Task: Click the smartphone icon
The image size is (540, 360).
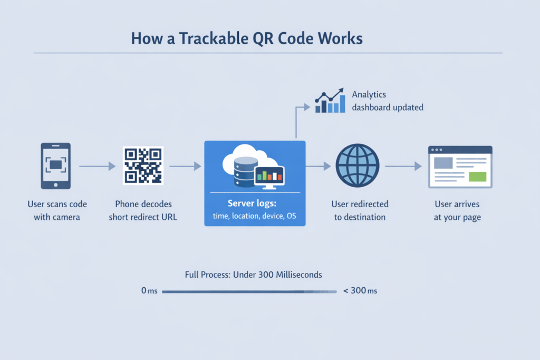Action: pyautogui.click(x=55, y=166)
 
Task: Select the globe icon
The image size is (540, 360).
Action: pyautogui.click(x=357, y=166)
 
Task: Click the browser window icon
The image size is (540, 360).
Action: pyautogui.click(x=460, y=167)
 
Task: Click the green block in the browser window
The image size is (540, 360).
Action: pyautogui.click(x=477, y=177)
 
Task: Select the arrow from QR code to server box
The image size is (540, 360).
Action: pyautogui.click(x=185, y=166)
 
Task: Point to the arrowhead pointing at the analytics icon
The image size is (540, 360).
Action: pyautogui.click(x=306, y=107)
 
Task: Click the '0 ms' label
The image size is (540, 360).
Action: pyautogui.click(x=150, y=291)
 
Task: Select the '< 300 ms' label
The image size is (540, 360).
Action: pyautogui.click(x=360, y=291)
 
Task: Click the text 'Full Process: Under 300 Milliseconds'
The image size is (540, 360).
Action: pyautogui.click(x=254, y=275)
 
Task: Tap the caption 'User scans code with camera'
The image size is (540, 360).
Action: pyautogui.click(x=57, y=210)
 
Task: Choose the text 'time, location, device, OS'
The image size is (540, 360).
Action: pyautogui.click(x=254, y=216)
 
